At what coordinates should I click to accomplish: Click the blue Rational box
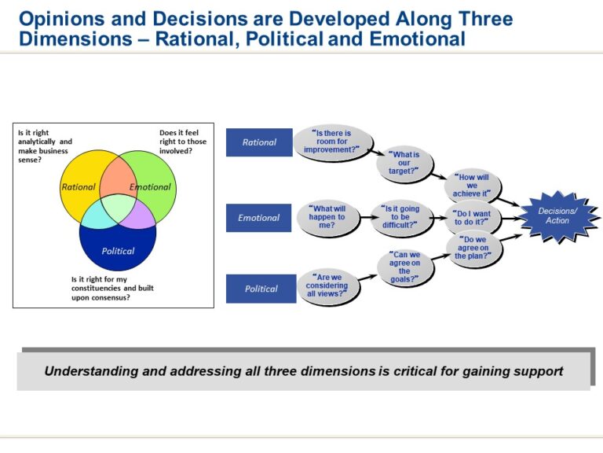pos(259,142)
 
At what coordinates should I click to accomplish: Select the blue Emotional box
pos(259,218)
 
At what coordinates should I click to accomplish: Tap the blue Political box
pos(261,289)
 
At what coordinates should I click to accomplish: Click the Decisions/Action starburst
pos(557,215)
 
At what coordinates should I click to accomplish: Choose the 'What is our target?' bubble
pos(404,163)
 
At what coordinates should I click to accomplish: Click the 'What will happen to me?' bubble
pos(327,218)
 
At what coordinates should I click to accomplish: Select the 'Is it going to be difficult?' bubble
pos(400,218)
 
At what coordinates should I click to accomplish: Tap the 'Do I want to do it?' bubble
pos(471,217)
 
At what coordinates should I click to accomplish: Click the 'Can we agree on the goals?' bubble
pos(404,267)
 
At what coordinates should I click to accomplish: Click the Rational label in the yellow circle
pos(78,187)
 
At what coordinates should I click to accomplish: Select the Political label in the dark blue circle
pos(118,251)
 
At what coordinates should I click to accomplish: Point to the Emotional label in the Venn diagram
pos(149,187)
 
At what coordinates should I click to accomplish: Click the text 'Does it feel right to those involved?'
pos(183,142)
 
